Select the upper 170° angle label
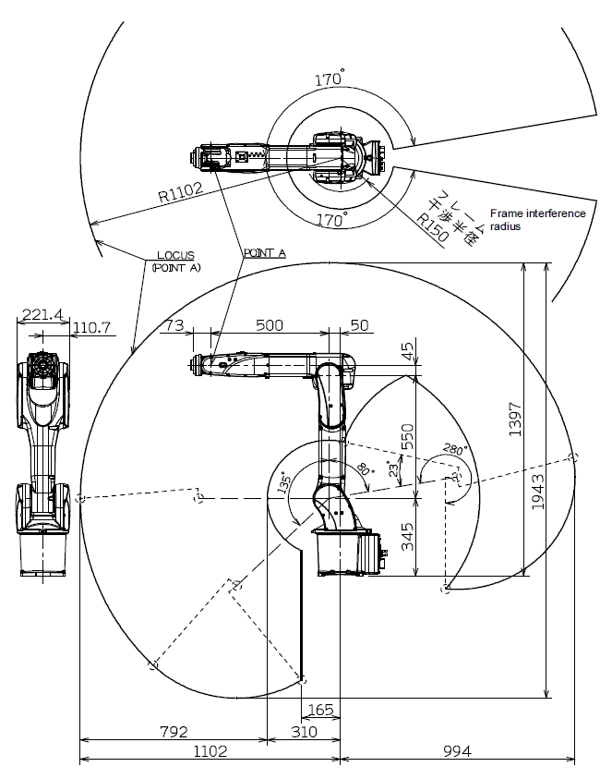(x=329, y=79)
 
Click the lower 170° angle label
(x=331, y=220)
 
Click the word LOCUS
(x=174, y=256)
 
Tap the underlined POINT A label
(x=264, y=251)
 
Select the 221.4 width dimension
(x=42, y=315)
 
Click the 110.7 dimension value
(x=91, y=326)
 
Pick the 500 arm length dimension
(x=270, y=325)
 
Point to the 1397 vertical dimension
(x=516, y=420)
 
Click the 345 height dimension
(x=407, y=535)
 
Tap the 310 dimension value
(x=304, y=732)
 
